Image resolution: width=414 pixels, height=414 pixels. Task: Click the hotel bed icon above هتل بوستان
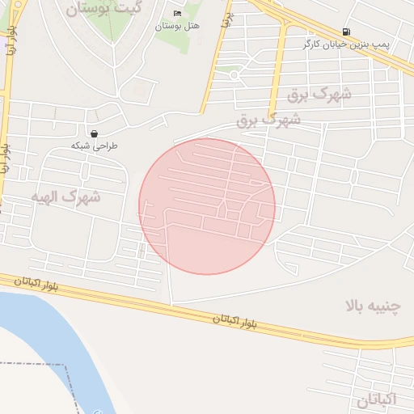[x=177, y=14]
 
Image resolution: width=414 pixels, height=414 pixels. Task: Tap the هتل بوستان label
[x=177, y=27]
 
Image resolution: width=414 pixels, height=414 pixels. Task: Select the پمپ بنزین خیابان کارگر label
[x=346, y=44]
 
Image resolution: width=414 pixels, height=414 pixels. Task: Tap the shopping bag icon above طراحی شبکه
[x=95, y=133]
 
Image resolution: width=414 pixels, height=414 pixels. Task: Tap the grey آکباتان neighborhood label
[x=377, y=399]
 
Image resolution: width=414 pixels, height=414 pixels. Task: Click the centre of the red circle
[x=207, y=206]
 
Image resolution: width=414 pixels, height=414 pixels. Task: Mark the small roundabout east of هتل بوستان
[x=234, y=75]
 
